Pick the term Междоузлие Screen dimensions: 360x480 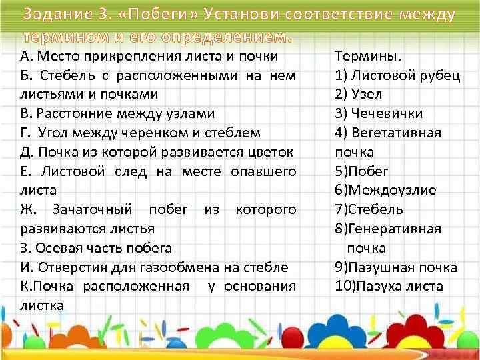(x=386, y=190)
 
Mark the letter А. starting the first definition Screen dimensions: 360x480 (x=25, y=56)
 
